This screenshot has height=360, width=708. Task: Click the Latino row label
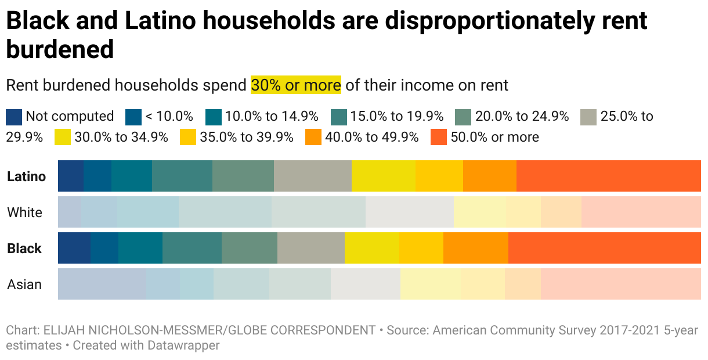(x=26, y=177)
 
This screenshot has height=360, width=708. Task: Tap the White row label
(x=25, y=213)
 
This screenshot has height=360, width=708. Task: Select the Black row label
(x=24, y=249)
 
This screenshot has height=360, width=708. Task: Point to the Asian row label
(x=25, y=285)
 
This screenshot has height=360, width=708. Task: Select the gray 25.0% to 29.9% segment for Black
(x=311, y=249)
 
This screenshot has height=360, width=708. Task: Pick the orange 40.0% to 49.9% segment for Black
(x=476, y=249)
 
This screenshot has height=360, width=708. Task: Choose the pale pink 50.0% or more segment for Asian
(x=621, y=285)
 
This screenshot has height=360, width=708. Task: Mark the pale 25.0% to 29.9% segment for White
(x=410, y=213)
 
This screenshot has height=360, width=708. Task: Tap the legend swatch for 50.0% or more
(x=439, y=138)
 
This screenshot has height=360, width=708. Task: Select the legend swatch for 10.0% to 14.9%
(x=214, y=117)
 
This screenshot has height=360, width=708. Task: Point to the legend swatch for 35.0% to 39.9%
(x=188, y=138)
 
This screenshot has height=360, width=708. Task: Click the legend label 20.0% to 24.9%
(x=522, y=117)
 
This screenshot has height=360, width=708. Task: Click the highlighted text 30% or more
(x=296, y=85)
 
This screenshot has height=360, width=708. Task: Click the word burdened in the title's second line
(x=60, y=50)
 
